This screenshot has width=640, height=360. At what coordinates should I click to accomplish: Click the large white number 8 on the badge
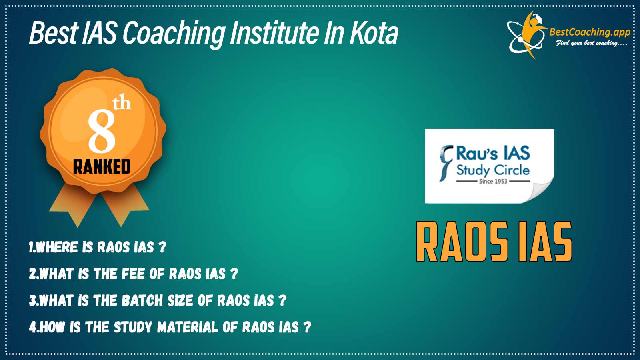pos(102,132)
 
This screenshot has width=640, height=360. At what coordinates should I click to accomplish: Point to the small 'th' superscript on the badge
pos(122,104)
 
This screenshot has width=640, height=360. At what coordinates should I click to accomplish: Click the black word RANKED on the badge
pos(102,166)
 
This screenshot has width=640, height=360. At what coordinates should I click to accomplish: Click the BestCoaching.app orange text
pos(590,32)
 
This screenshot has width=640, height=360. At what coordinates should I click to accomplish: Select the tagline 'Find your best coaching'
pos(591,44)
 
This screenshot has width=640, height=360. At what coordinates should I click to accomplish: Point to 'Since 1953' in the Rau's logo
pos(493,181)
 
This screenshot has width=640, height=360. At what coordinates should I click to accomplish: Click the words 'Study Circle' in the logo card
pos(493,170)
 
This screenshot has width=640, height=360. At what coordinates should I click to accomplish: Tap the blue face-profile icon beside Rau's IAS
pos(446,163)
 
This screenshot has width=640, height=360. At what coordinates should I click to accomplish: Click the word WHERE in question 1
pos(57,247)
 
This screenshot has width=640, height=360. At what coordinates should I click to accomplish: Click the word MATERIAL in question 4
pos(188,327)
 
